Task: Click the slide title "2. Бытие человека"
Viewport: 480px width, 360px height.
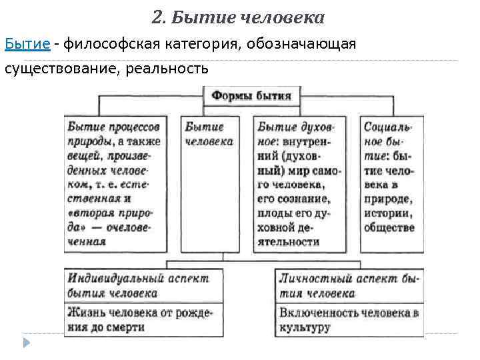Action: (238, 17)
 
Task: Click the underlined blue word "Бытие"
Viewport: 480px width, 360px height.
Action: (27, 44)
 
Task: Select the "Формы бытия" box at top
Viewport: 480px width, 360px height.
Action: (251, 95)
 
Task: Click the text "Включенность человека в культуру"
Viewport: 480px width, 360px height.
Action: (349, 319)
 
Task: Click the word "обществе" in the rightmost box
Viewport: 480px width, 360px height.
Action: (389, 227)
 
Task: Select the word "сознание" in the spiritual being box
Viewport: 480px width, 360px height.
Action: (305, 199)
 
